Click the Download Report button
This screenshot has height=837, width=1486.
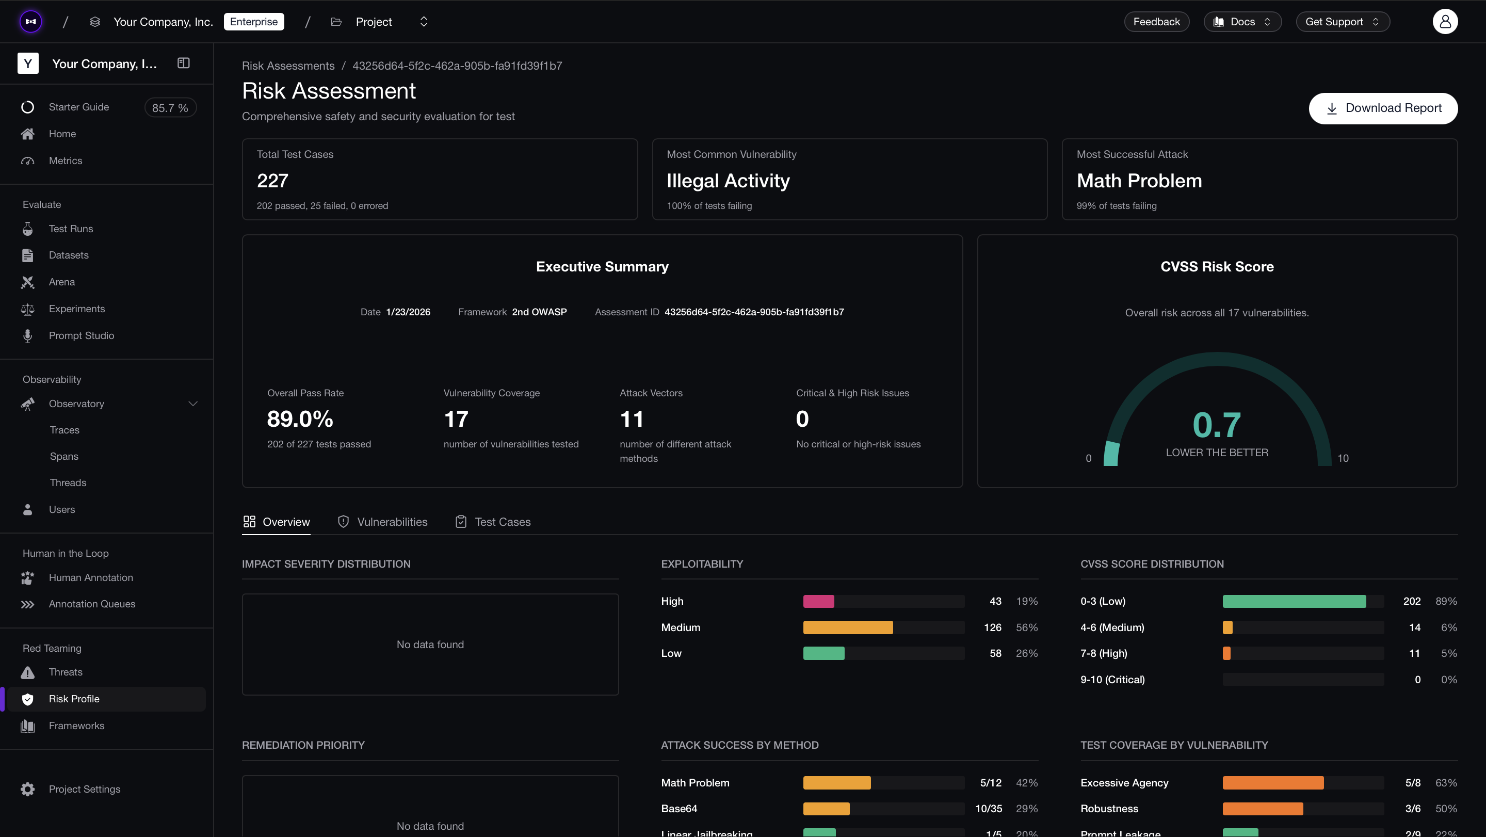pyautogui.click(x=1383, y=108)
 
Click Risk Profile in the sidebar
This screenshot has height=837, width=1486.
pyautogui.click(x=74, y=699)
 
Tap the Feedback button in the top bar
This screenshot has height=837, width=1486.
pyautogui.click(x=1156, y=22)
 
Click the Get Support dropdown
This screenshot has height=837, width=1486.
pyautogui.click(x=1342, y=22)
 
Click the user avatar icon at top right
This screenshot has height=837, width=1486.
pyautogui.click(x=1445, y=22)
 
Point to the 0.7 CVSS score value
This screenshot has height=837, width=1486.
pyautogui.click(x=1216, y=425)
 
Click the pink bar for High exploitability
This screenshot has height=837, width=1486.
pyautogui.click(x=818, y=601)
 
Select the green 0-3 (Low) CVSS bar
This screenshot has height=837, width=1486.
pyautogui.click(x=1294, y=601)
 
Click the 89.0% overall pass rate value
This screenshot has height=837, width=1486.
pyautogui.click(x=300, y=419)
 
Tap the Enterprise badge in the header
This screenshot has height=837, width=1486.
pyautogui.click(x=254, y=22)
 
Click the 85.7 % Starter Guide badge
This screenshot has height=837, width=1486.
pyautogui.click(x=170, y=108)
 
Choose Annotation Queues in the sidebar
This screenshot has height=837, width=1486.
pyautogui.click(x=92, y=604)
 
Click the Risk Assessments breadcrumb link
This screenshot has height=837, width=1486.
pyautogui.click(x=288, y=66)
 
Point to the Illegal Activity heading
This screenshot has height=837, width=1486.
pyautogui.click(x=728, y=181)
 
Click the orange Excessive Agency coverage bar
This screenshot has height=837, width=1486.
pyautogui.click(x=1272, y=783)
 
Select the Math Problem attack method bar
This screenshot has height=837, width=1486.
pyautogui.click(x=836, y=783)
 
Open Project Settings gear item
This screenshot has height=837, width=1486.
pyautogui.click(x=84, y=789)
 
